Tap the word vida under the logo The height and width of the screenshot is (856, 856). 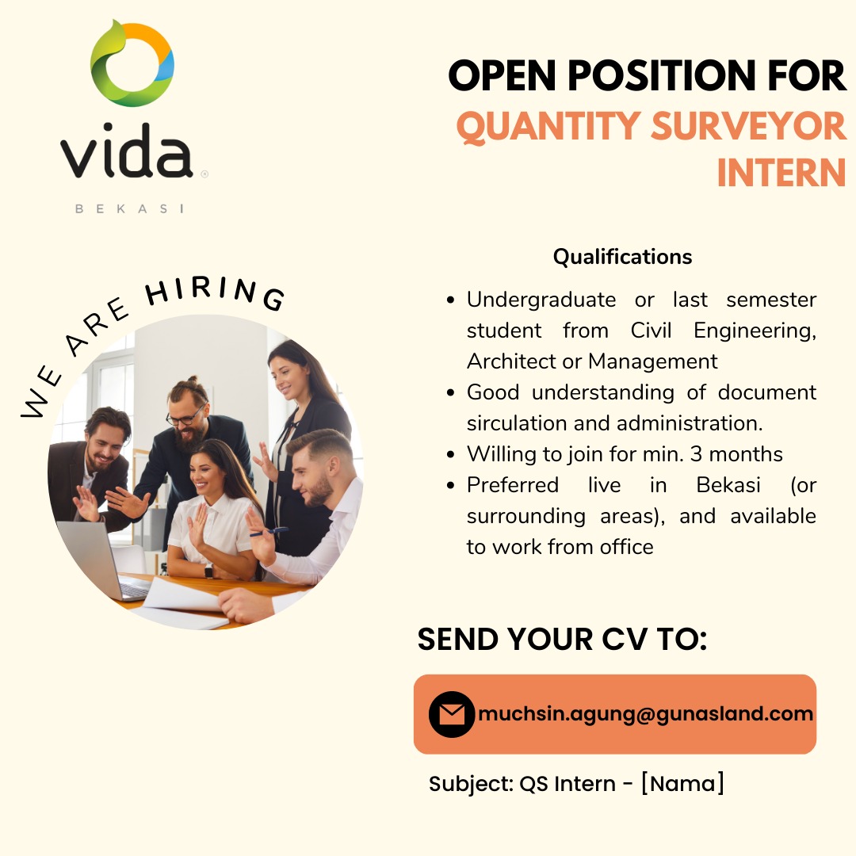pyautogui.click(x=126, y=151)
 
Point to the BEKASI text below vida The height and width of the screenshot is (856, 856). pyautogui.click(x=129, y=208)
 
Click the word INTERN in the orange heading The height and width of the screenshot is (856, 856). pyautogui.click(x=781, y=173)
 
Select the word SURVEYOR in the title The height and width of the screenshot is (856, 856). pyautogui.click(x=748, y=125)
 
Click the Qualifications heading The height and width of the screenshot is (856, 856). pyautogui.click(x=622, y=257)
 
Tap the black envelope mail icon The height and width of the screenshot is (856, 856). pyautogui.click(x=452, y=714)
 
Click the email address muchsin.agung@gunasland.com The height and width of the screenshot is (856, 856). pyautogui.click(x=645, y=713)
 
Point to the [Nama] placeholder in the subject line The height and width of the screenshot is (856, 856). pyautogui.click(x=683, y=783)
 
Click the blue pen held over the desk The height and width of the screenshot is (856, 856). pyautogui.click(x=269, y=531)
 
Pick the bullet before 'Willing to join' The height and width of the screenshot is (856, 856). pyautogui.click(x=450, y=455)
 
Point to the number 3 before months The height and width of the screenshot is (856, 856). pyautogui.click(x=696, y=454)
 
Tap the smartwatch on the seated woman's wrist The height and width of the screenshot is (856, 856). pyautogui.click(x=208, y=571)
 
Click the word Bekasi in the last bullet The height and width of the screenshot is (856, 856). pyautogui.click(x=728, y=485)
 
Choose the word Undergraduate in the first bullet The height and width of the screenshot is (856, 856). pyautogui.click(x=541, y=300)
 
